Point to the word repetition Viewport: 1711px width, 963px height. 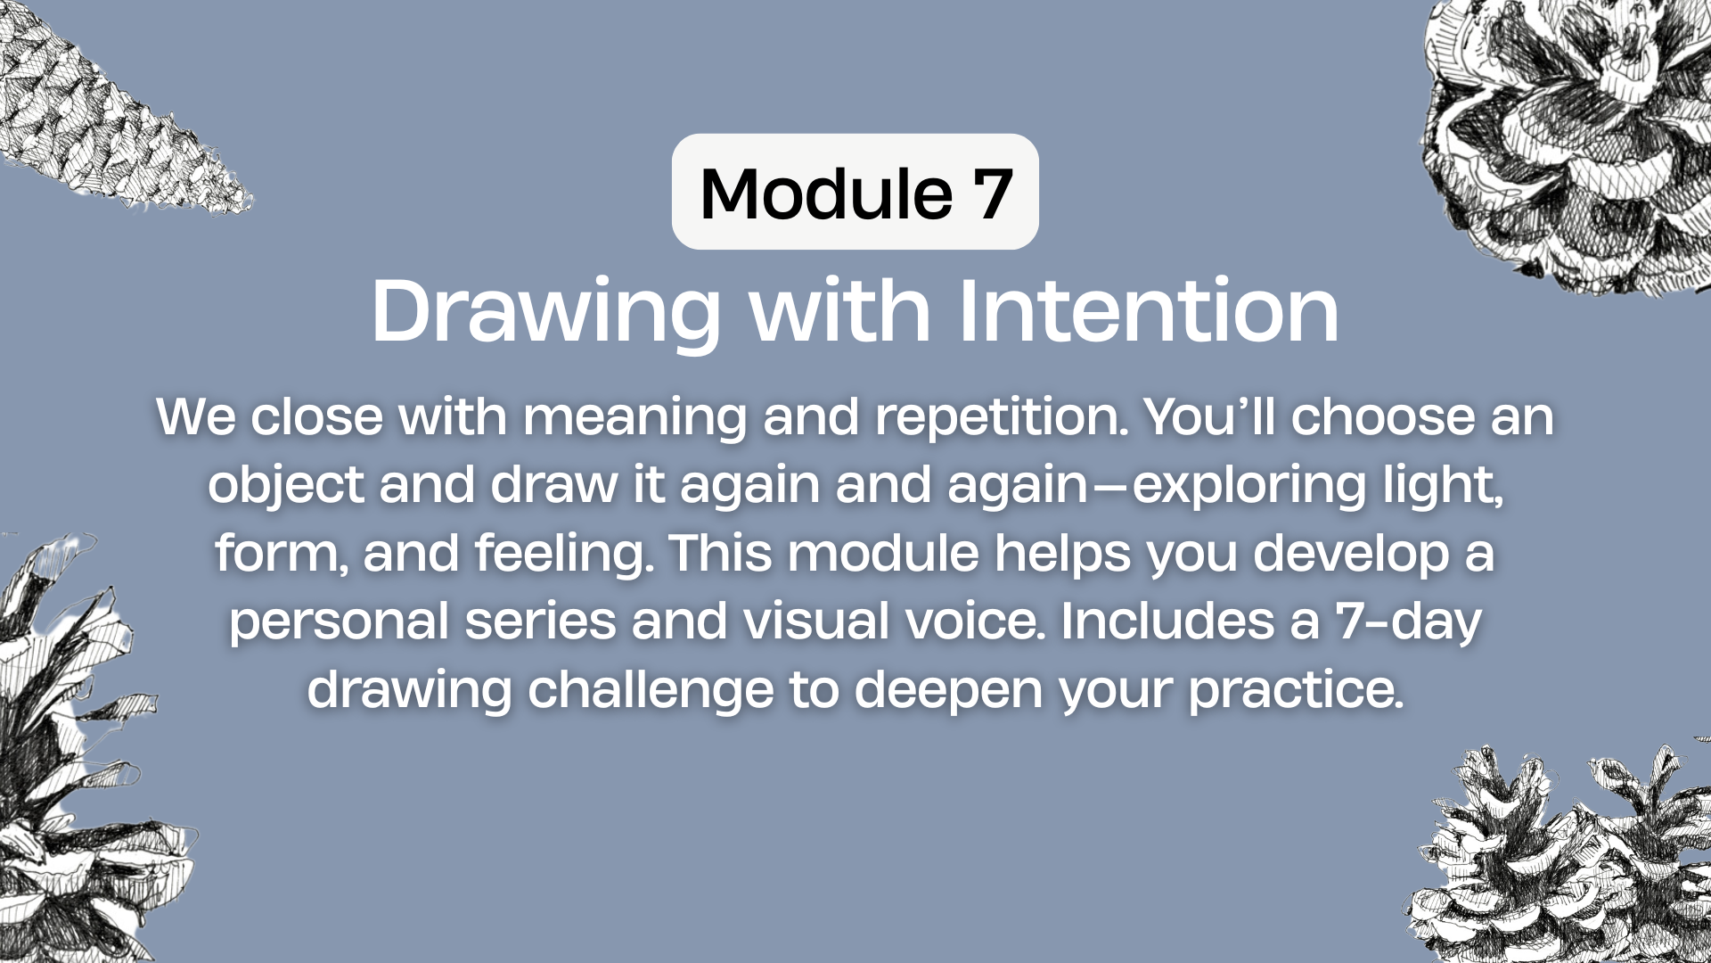[x=1003, y=418]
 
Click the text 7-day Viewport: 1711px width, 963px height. [x=1408, y=622]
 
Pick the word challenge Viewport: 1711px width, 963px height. [x=651, y=691]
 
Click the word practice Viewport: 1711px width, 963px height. [x=1296, y=691]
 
